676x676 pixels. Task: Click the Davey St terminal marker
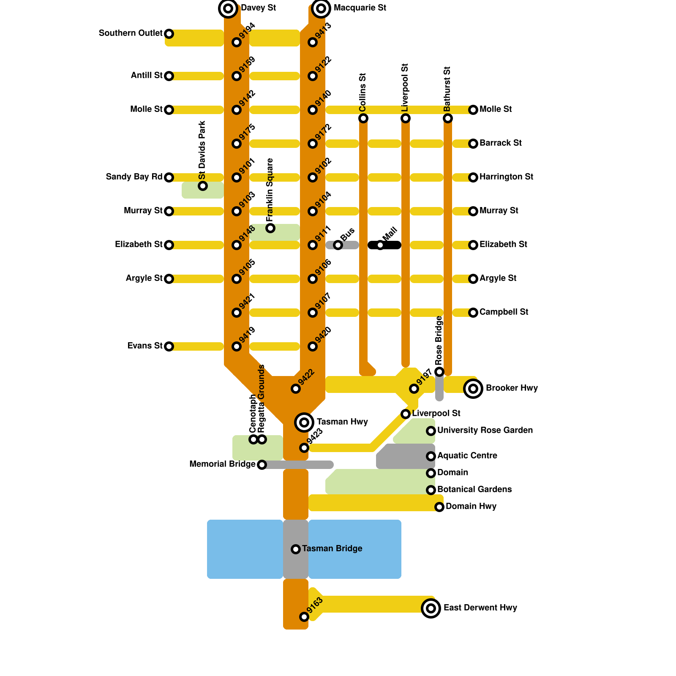coord(228,8)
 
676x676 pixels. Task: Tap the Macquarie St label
coord(360,8)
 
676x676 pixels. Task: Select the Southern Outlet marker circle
coord(169,34)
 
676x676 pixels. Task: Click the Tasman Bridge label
coord(332,549)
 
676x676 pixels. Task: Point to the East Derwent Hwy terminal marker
coord(431,608)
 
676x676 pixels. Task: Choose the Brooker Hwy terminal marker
coord(473,389)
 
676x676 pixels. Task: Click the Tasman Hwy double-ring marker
coord(304,422)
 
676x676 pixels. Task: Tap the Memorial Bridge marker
coord(262,465)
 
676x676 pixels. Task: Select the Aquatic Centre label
coord(467,456)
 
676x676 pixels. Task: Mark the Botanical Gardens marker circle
coord(431,490)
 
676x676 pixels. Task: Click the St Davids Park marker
coord(203,186)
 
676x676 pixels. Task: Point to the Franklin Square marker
coord(270,228)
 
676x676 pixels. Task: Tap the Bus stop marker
coord(338,245)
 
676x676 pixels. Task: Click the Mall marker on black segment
coord(380,245)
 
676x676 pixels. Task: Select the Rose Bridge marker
coord(439,372)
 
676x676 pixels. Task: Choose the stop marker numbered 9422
coord(296,389)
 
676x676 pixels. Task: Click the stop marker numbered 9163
coord(304,617)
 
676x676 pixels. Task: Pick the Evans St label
coord(145,346)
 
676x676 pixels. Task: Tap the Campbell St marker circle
coord(473,313)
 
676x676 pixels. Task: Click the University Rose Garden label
coord(485,431)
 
